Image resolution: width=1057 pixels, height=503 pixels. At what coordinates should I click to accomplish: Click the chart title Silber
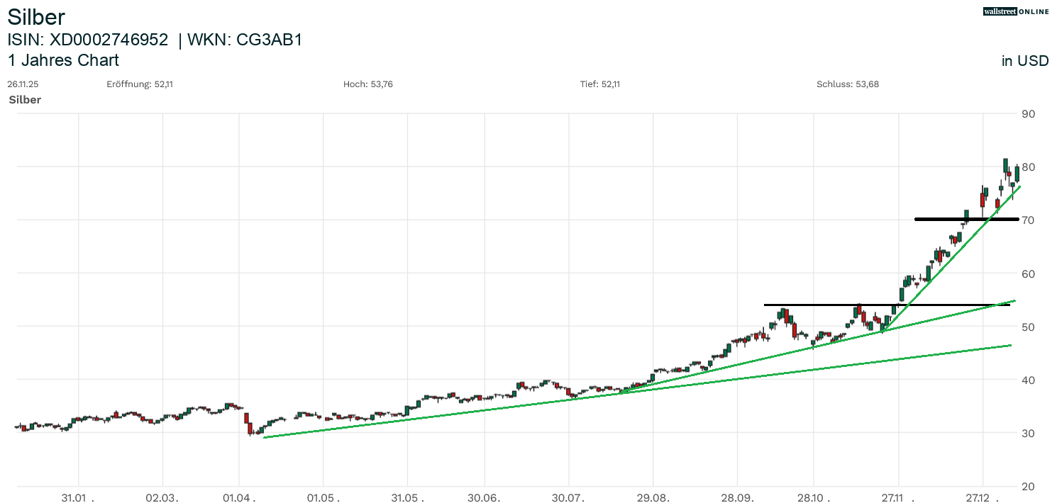point(36,17)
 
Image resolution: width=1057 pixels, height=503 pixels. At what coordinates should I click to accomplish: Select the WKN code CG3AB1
point(270,40)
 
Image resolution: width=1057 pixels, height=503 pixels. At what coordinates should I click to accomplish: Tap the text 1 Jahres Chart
point(63,60)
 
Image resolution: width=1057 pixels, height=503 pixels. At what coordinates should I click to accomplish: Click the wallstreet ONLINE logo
point(1015,11)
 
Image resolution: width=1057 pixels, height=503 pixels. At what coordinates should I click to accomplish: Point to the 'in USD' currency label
point(1024,61)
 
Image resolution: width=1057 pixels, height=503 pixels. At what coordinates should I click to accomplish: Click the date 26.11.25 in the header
point(23,84)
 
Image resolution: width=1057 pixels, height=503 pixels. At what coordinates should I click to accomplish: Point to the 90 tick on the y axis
point(1028,114)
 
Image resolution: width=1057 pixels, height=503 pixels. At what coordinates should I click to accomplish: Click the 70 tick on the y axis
point(1028,220)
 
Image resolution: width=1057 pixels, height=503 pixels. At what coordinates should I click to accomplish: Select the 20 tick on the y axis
point(1028,487)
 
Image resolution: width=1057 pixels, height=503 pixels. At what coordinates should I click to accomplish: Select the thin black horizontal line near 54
point(816,305)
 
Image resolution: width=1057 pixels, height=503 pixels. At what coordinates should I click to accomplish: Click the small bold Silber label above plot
point(25,100)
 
